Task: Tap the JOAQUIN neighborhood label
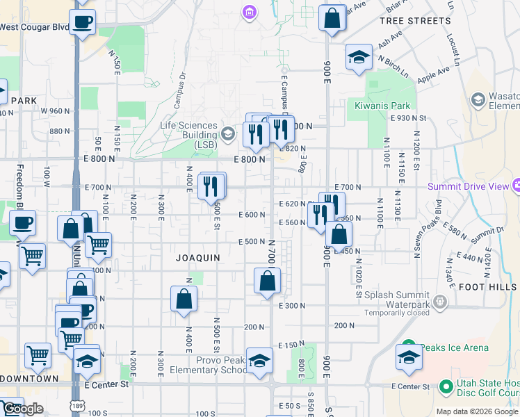pos(198,258)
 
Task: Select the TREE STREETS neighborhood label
pos(415,21)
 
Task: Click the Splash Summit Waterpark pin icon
pos(439,301)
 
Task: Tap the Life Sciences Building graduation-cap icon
pos(228,134)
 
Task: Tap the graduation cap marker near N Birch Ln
pos(358,57)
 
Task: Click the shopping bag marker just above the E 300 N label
pos(267,281)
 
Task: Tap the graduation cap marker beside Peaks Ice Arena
pos(409,357)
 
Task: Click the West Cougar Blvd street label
pos(35,27)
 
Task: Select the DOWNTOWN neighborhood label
pos(30,379)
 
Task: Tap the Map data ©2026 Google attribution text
pos(476,411)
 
